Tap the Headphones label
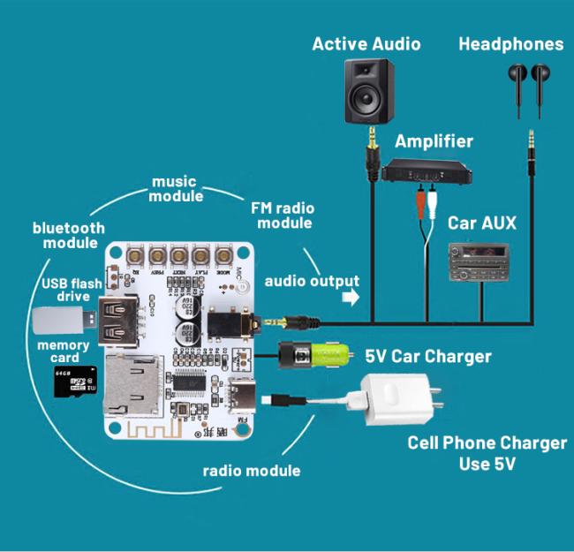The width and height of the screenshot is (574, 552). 510,43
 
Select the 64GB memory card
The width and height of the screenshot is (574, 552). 74,381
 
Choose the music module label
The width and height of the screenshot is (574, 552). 175,188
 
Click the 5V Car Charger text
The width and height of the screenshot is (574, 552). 428,357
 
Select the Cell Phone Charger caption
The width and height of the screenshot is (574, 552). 487,451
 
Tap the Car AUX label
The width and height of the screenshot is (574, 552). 481,223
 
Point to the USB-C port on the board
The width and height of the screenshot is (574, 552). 242,392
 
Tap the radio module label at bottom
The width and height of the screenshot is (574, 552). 251,471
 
